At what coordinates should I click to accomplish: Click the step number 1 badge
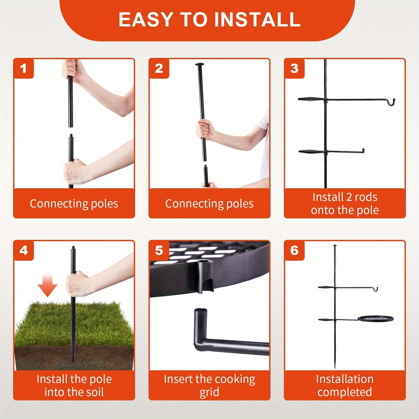[23, 68]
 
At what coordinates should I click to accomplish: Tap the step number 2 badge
[159, 68]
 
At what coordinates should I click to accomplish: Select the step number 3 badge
[294, 68]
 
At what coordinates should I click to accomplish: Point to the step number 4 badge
[23, 251]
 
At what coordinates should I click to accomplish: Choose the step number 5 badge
[159, 251]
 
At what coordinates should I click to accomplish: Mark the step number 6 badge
[294, 251]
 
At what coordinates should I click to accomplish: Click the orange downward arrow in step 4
[47, 285]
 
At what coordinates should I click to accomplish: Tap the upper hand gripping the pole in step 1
[73, 70]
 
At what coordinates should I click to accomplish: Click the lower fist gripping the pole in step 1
[75, 172]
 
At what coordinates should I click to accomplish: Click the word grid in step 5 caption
[209, 393]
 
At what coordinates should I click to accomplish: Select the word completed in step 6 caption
[345, 393]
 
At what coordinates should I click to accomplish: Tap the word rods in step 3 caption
[366, 197]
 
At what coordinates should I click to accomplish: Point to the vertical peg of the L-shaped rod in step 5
[200, 326]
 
